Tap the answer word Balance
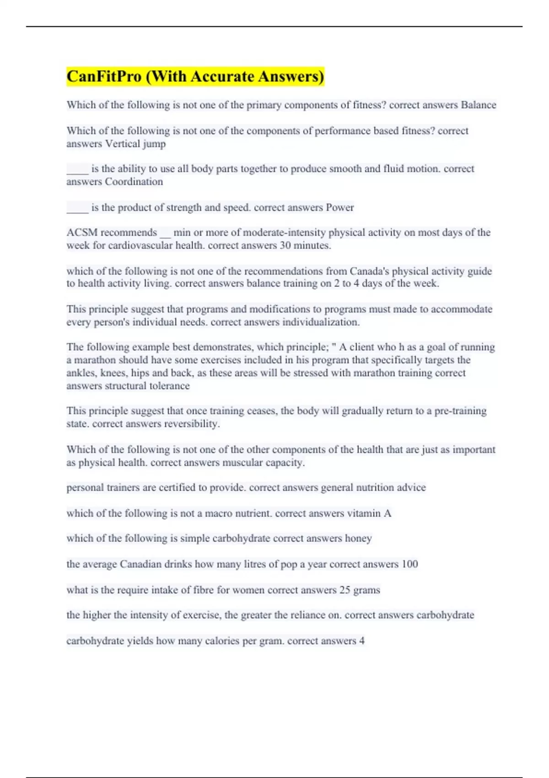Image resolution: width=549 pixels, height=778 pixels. [478, 105]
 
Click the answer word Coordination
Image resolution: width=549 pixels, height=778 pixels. [134, 182]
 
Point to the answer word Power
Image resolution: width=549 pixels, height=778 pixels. [339, 207]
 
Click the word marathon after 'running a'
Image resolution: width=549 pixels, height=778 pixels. [95, 360]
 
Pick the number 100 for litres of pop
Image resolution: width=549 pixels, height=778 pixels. [409, 564]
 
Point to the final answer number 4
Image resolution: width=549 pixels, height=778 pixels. [362, 641]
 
